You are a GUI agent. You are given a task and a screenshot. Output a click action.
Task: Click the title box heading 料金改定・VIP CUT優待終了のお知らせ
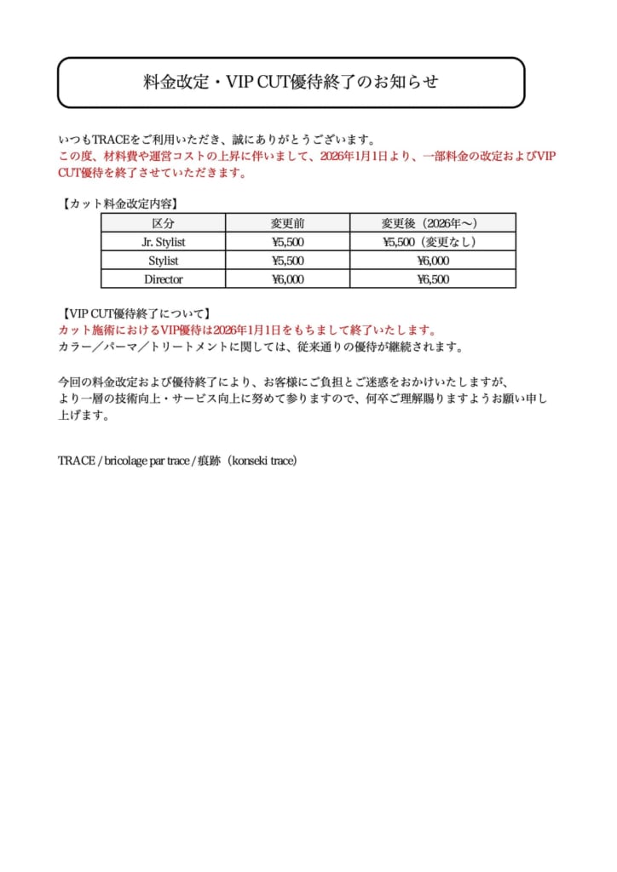pyautogui.click(x=291, y=83)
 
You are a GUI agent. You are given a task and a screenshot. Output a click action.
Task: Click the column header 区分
pyautogui.click(x=163, y=223)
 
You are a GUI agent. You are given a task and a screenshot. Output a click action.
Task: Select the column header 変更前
pyautogui.click(x=287, y=223)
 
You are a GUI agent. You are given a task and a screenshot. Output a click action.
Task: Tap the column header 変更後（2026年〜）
pyautogui.click(x=433, y=223)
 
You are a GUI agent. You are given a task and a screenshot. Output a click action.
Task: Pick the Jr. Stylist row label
pyautogui.click(x=163, y=242)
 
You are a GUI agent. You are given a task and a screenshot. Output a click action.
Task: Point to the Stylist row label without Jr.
pyautogui.click(x=163, y=261)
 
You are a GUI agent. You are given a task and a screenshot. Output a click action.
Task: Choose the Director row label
pyautogui.click(x=163, y=279)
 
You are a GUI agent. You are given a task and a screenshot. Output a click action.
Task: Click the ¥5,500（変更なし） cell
pyautogui.click(x=433, y=242)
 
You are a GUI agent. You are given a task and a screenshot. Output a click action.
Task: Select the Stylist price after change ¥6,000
pyautogui.click(x=433, y=261)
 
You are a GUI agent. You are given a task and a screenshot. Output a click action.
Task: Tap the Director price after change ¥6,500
pyautogui.click(x=433, y=279)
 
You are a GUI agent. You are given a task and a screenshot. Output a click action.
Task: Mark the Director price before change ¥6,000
pyautogui.click(x=287, y=279)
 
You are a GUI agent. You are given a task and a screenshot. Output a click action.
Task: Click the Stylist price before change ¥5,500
pyautogui.click(x=287, y=261)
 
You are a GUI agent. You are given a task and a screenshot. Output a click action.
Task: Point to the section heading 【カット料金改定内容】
pyautogui.click(x=119, y=204)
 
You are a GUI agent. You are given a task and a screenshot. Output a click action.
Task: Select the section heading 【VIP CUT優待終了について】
pyautogui.click(x=135, y=313)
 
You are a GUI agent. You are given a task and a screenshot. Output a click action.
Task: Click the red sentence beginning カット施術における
pyautogui.click(x=248, y=330)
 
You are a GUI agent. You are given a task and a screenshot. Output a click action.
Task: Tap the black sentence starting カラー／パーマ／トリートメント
pyautogui.click(x=261, y=347)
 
